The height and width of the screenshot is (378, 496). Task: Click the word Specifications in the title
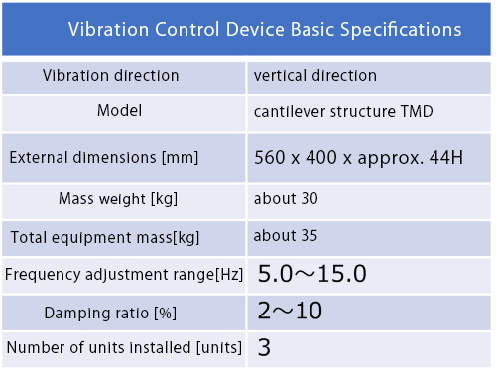(401, 30)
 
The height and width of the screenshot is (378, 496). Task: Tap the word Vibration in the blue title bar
(109, 29)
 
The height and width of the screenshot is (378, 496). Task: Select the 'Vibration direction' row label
(111, 76)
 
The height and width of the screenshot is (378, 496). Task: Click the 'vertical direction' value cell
(315, 76)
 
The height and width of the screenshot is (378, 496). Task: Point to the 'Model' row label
(119, 110)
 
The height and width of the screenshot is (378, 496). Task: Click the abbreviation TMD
(417, 111)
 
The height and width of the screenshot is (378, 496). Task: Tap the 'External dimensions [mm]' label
(104, 157)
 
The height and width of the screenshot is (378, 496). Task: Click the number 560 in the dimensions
(270, 157)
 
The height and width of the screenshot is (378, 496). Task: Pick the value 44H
(446, 157)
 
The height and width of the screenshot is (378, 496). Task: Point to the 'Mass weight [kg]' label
(118, 199)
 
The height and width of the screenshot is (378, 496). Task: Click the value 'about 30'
(286, 198)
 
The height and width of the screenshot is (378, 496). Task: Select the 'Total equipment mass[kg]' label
(105, 237)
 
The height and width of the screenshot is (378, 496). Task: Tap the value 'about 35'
(286, 236)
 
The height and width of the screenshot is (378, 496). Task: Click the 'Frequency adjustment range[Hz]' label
(124, 275)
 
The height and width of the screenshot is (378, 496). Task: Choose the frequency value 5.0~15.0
(311, 274)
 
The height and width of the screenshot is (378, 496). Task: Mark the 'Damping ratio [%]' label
(110, 313)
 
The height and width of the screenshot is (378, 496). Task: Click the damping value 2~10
(290, 311)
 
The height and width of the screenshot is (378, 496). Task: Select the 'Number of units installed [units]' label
(124, 347)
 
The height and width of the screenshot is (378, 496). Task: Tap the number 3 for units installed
(264, 347)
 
